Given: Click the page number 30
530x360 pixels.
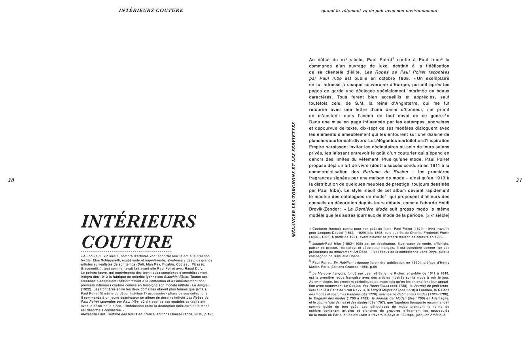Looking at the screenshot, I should (11, 181).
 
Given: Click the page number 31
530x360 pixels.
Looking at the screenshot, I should (519, 181).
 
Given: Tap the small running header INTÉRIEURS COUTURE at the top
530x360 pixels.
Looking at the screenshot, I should (151, 10).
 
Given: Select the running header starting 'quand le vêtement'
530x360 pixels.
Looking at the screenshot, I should (379, 11).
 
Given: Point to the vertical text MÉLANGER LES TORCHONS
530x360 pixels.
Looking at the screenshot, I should (293, 179).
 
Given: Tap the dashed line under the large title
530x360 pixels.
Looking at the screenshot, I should (126, 251).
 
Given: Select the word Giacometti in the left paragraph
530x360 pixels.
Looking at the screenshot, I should (90, 268).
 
